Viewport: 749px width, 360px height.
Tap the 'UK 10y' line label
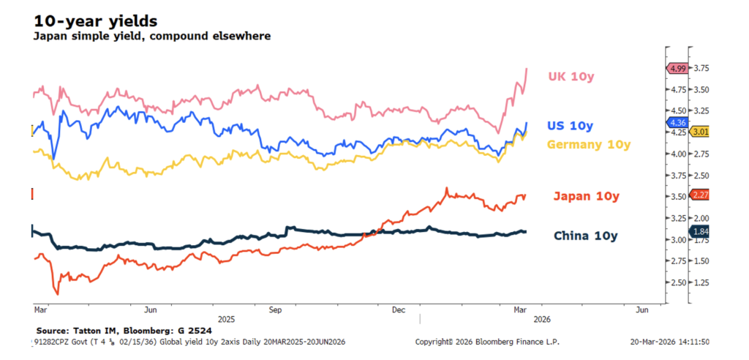click(571, 76)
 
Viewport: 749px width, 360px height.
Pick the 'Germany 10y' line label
click(588, 145)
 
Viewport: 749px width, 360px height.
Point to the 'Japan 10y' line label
click(586, 196)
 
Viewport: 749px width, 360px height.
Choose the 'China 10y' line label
click(585, 236)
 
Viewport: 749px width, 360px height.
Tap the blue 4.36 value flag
click(675, 122)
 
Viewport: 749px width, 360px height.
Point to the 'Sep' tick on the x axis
click(275, 310)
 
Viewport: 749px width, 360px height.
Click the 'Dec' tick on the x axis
click(399, 310)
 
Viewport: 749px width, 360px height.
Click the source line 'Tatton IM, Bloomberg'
click(110, 330)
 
